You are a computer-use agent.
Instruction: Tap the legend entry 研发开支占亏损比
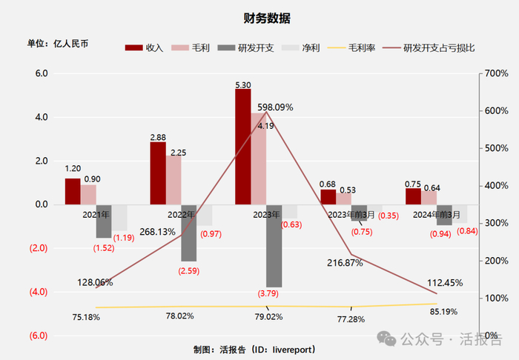(438, 47)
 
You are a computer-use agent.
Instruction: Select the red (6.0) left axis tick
(38, 336)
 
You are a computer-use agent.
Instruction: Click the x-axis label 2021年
(96, 214)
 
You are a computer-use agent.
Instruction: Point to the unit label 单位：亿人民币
(58, 44)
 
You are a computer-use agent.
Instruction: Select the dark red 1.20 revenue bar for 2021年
(73, 191)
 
